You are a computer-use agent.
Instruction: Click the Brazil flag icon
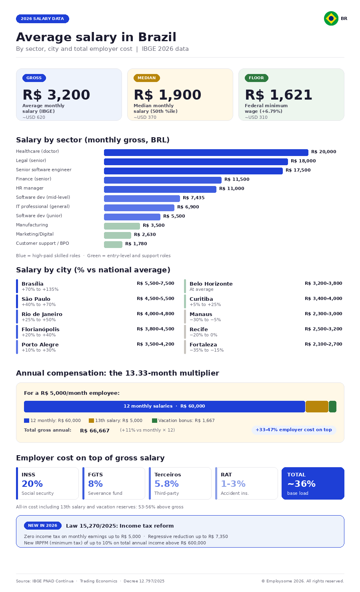pyautogui.click(x=331, y=18)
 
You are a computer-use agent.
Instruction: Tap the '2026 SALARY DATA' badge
pyautogui.click(x=42, y=19)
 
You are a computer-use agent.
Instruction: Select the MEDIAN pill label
pyautogui.click(x=146, y=78)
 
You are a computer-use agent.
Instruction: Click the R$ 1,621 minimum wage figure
pyautogui.click(x=278, y=95)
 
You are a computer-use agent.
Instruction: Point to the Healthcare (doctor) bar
pyautogui.click(x=206, y=152)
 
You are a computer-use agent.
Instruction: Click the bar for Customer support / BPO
pyautogui.click(x=113, y=244)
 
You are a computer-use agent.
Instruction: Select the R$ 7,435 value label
pyautogui.click(x=194, y=198)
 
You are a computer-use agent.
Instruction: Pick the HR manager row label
pyautogui.click(x=30, y=188)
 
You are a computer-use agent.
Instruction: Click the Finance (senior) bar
pyautogui.click(x=162, y=180)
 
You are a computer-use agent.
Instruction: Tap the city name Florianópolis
pyautogui.click(x=40, y=330)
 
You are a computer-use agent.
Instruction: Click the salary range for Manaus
pyautogui.click(x=323, y=314)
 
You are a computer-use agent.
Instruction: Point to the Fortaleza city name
pyautogui.click(x=203, y=345)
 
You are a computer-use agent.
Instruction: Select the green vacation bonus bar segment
pyautogui.click(x=332, y=406)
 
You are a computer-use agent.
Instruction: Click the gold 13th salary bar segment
pyautogui.click(x=317, y=406)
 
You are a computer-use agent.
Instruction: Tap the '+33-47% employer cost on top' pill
pyautogui.click(x=294, y=430)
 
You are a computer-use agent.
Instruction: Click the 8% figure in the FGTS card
pyautogui.click(x=95, y=484)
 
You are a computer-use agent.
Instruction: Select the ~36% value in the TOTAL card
pyautogui.click(x=301, y=484)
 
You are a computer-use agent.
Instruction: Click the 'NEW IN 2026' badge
pyautogui.click(x=42, y=526)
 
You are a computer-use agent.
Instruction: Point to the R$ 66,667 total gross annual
pyautogui.click(x=95, y=431)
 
